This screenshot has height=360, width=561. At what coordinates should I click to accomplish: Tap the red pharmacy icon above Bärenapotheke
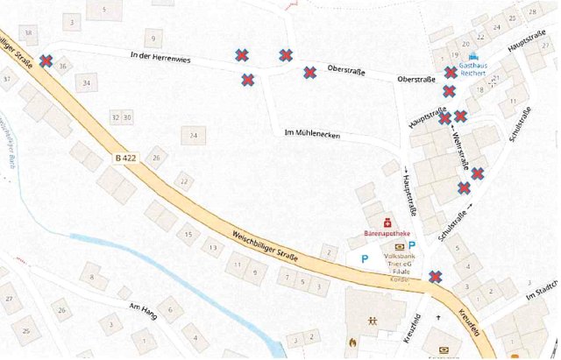point(387,221)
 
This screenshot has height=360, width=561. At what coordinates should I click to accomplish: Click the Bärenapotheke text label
point(387,234)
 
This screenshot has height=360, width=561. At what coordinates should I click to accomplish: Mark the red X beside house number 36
point(46,62)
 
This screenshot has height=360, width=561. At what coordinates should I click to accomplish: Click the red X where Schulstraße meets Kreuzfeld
point(435,278)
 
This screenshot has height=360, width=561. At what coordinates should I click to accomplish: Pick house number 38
point(29,33)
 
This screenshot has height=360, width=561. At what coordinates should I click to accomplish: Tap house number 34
point(86,83)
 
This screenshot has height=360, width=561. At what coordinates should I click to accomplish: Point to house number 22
point(183,181)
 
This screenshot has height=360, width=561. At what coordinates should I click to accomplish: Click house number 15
point(187,234)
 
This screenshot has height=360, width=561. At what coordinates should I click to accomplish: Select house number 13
point(213,249)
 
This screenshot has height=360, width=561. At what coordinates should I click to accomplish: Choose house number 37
point(7,78)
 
